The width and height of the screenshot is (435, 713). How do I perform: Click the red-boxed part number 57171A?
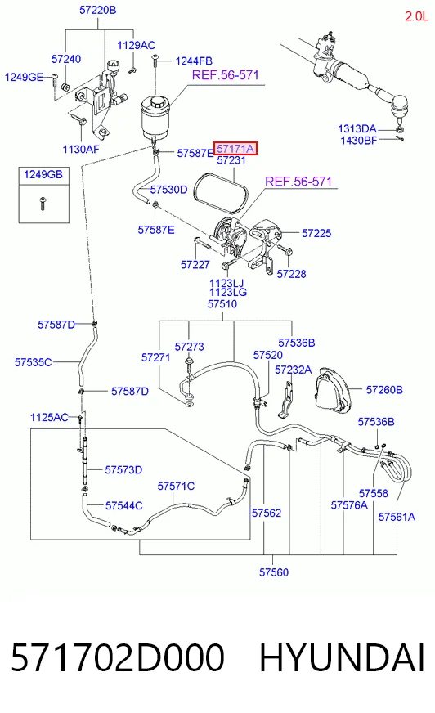pos(235,148)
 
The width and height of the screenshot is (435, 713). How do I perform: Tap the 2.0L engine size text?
pos(416,16)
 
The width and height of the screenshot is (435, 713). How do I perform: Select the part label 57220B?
pos(98,10)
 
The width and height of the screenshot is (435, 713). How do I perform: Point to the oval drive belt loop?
pos(221,193)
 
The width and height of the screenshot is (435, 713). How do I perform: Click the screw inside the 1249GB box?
pos(43,203)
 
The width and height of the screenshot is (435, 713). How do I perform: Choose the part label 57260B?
pos(384,390)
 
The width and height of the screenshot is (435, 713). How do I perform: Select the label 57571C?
pos(176,486)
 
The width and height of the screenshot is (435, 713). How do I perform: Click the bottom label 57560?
pos(274,572)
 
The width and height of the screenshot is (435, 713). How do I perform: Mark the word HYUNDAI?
pos(341,657)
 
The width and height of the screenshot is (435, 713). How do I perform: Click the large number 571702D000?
pos(117,657)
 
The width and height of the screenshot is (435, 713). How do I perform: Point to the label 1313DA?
pos(357,128)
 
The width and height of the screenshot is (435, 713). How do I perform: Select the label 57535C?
pos(34,362)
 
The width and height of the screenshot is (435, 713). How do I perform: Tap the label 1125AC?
pos(49,417)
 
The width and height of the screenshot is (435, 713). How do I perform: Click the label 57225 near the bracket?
pos(316,233)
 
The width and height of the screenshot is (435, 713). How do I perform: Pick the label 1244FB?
pos(194,61)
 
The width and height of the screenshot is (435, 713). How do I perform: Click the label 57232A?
pos(294,370)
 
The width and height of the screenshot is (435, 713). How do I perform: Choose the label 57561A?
pos(397,517)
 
